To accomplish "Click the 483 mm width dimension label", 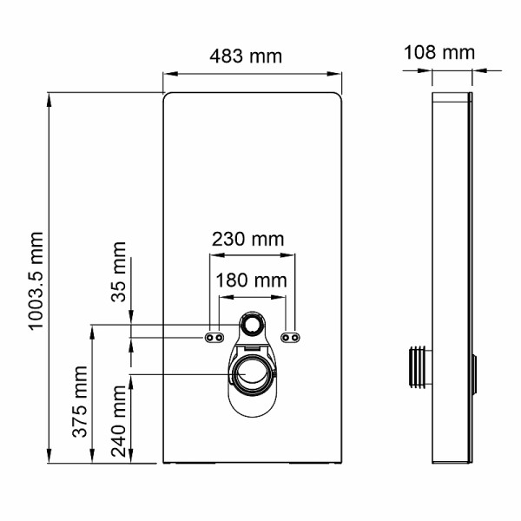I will tap(247, 56).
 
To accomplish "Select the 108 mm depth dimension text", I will tap(439, 52).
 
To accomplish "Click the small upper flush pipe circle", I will tap(254, 325).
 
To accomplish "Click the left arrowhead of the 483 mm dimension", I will tap(167, 75).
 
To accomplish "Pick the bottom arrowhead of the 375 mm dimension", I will tap(91, 458).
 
